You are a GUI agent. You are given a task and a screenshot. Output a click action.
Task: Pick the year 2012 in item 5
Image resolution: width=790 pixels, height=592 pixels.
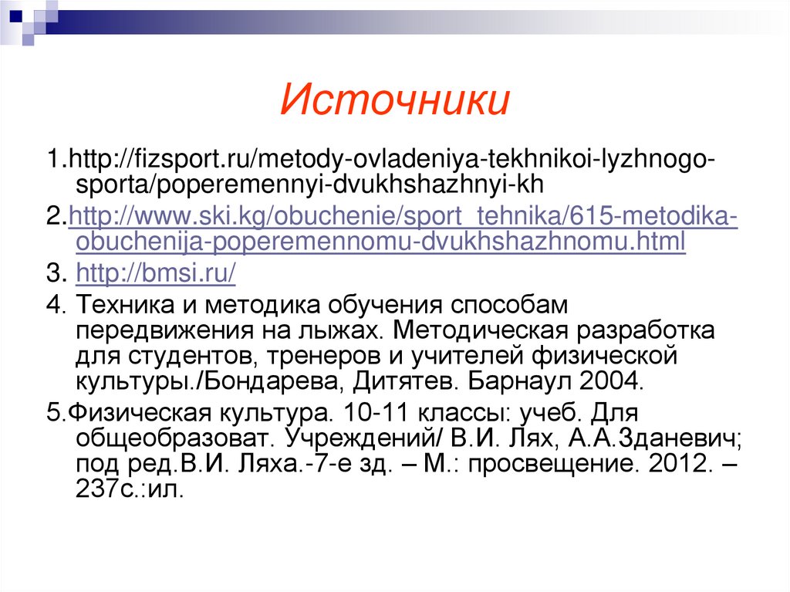coord(674,465)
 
